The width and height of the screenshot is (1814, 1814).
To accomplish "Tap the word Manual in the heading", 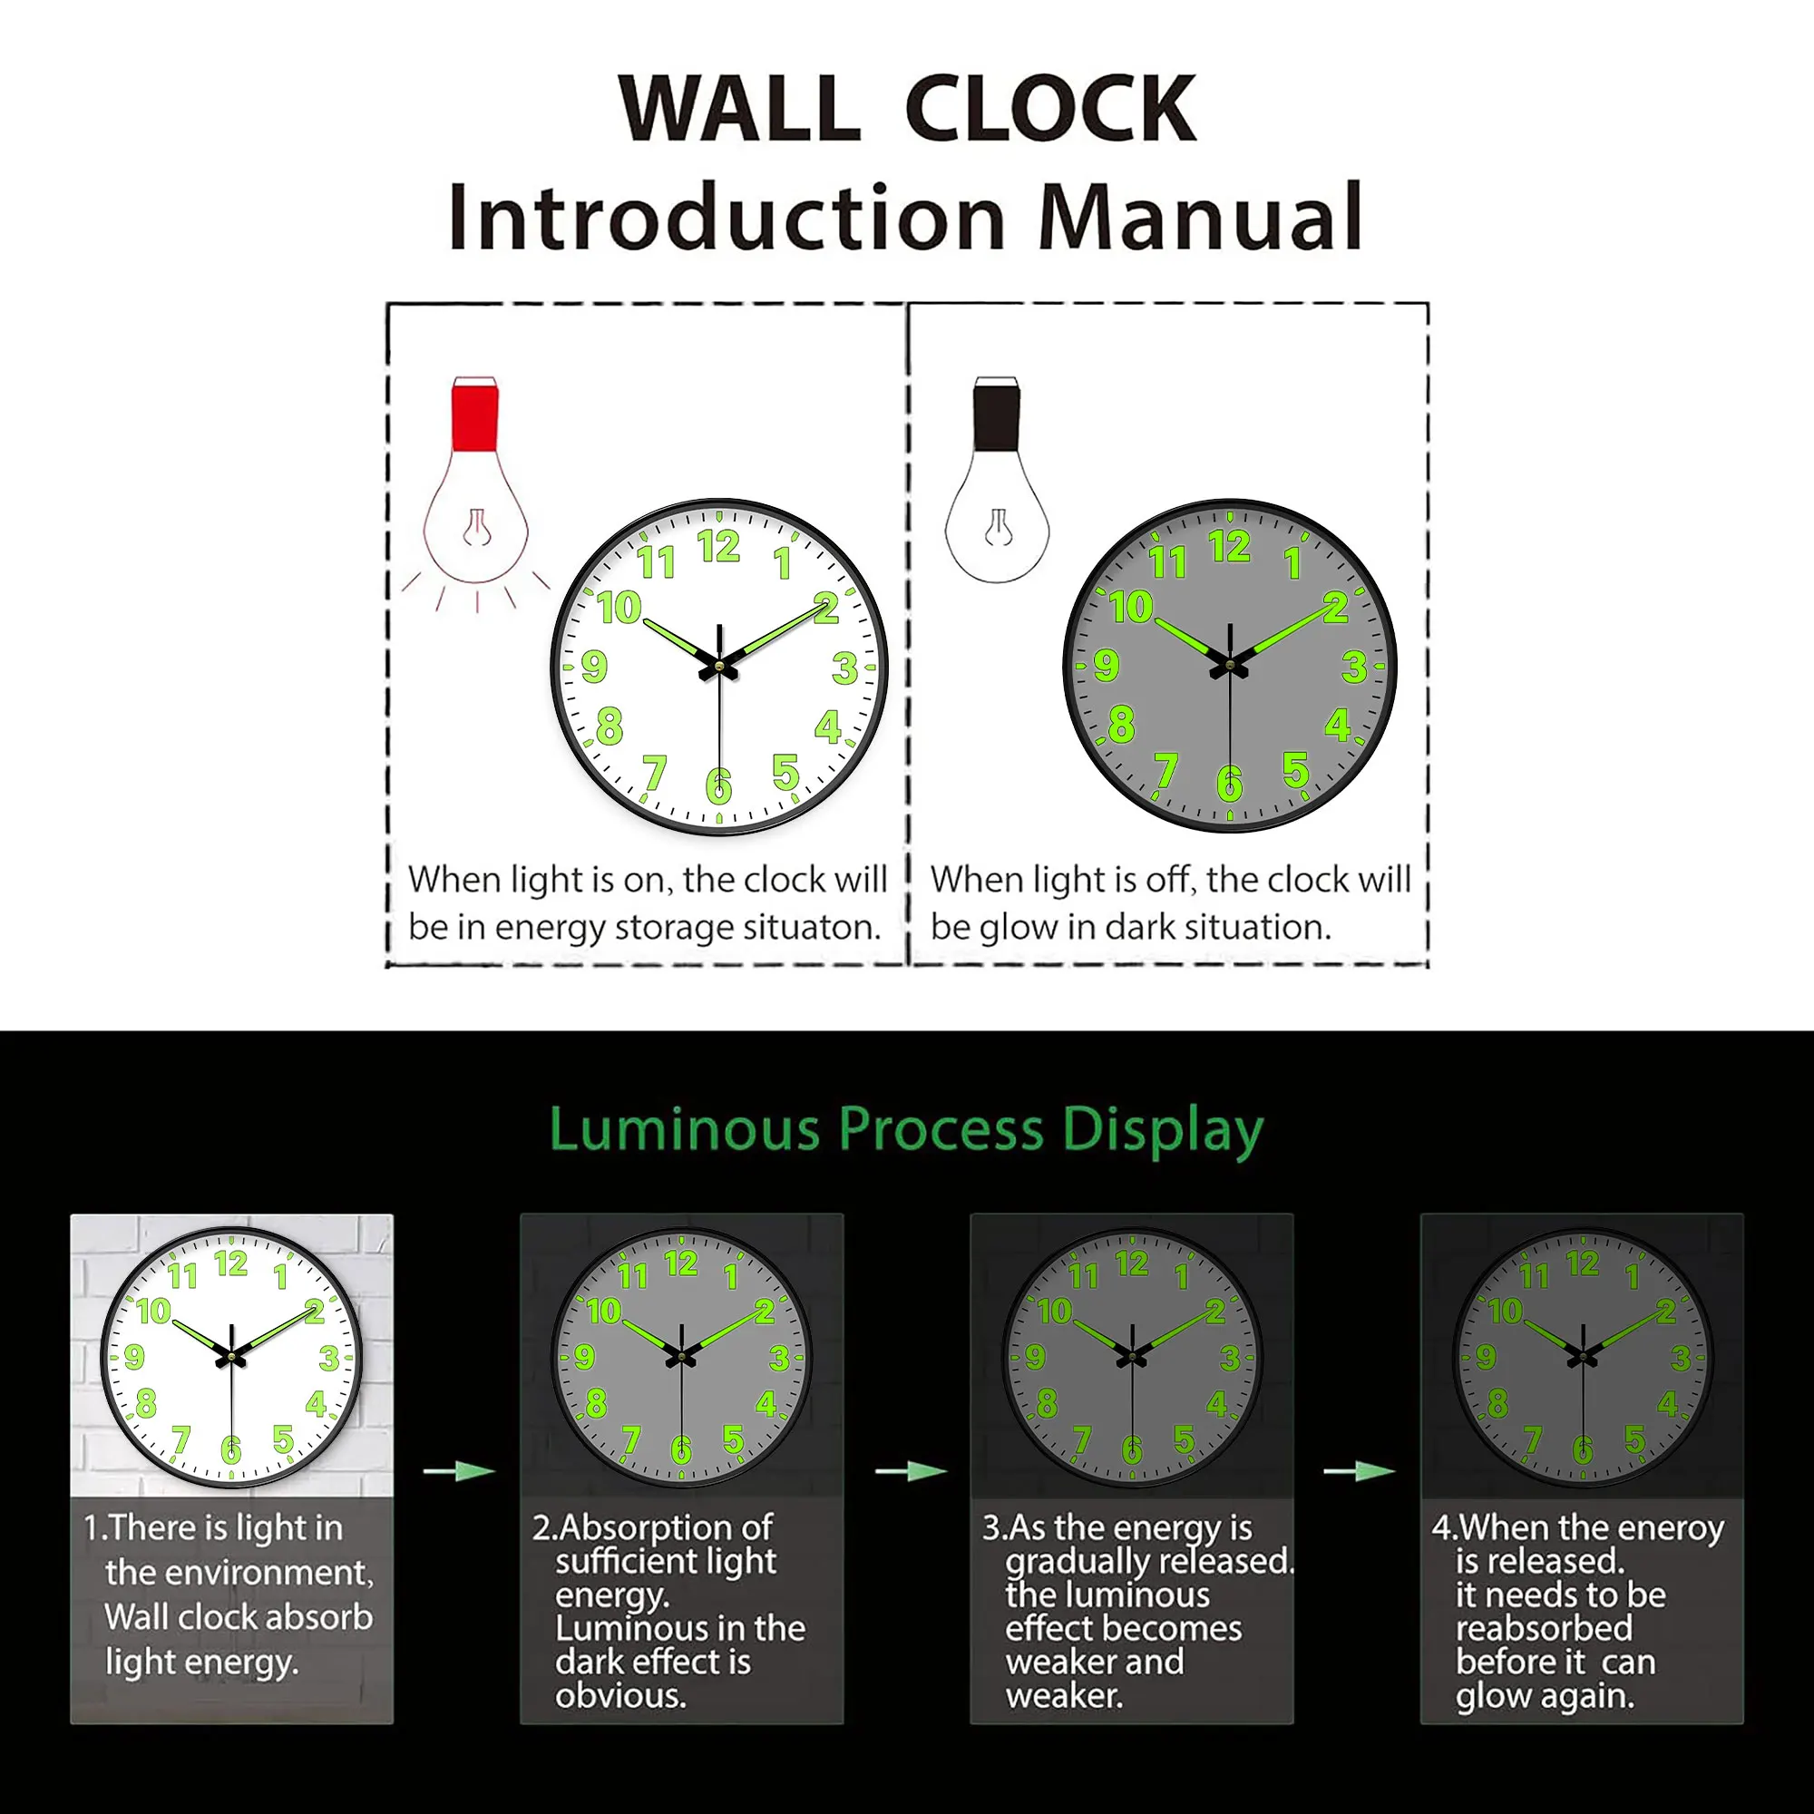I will point(1201,218).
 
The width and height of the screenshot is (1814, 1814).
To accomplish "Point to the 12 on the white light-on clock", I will point(718,546).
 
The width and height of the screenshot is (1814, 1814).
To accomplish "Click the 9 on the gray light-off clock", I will point(1106,666).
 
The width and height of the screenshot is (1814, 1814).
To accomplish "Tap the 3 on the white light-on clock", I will point(844,668).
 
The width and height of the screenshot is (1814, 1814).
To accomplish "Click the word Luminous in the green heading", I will point(685,1129).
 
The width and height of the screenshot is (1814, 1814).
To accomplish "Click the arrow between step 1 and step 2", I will point(458,1470).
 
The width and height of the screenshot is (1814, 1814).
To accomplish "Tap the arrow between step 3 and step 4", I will point(1359,1470).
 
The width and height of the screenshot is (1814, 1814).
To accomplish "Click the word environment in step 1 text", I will point(239,1572).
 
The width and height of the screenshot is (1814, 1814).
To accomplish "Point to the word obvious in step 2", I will point(619,1696).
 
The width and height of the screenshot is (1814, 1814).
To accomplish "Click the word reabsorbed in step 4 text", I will point(1544,1628).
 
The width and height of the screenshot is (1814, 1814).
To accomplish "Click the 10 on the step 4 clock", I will point(1504,1311).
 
